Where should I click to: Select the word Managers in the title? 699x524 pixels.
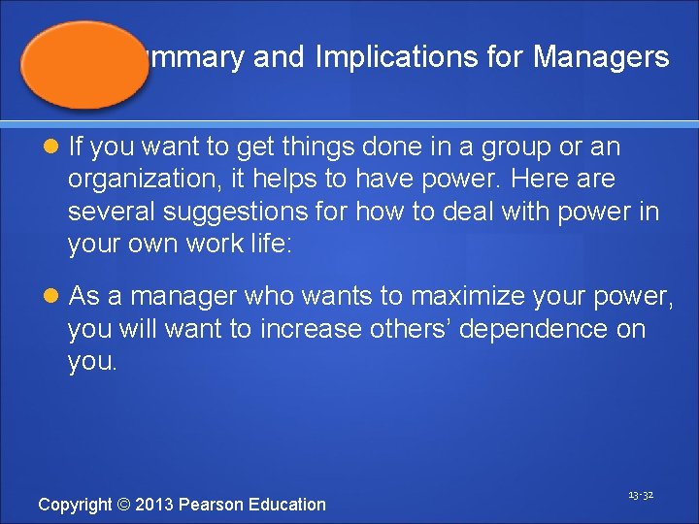(x=601, y=57)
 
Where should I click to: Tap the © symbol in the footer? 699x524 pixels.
(x=125, y=504)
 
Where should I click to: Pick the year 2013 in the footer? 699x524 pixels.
(x=156, y=504)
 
